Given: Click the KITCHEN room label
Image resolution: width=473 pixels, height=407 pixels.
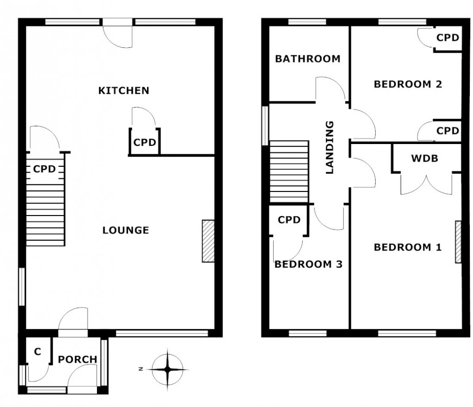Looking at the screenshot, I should coord(124,90).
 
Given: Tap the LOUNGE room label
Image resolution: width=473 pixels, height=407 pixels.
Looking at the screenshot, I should coord(126,230).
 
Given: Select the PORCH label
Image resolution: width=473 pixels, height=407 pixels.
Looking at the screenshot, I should coord(77,359).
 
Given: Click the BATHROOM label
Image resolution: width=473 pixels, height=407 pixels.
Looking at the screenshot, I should coord(307,59).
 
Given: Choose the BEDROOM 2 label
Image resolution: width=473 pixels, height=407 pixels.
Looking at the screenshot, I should coord(408,84).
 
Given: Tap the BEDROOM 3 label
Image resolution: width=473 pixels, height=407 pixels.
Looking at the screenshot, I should coord(308,264).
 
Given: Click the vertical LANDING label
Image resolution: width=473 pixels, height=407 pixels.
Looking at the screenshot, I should coord(330,147).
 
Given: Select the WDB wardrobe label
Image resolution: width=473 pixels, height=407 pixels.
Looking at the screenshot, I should coord(424,158).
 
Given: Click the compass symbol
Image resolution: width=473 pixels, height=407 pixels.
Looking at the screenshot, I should coord(167,369).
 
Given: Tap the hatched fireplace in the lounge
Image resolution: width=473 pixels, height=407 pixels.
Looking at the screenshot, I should coord(208,241).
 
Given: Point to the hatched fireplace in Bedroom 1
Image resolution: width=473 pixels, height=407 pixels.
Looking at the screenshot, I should coord(458,242).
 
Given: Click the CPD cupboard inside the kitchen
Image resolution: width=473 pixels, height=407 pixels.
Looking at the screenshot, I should coord(145,142).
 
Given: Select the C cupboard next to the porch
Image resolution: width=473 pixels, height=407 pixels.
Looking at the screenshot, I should coord(38,352).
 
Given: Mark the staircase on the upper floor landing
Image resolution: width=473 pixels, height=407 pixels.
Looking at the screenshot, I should coord(289,171).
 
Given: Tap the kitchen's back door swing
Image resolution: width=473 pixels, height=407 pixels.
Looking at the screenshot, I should coord(118,36).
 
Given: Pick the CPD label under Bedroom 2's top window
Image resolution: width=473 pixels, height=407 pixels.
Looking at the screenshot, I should coord(447,37).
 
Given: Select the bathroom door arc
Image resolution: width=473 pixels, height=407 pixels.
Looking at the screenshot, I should coord(330,89).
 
